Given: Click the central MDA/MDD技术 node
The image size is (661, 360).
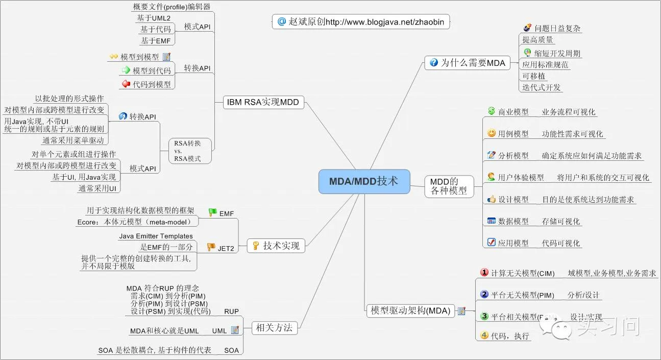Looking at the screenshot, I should tap(364, 181).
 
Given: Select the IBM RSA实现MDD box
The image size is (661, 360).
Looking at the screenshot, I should tap(263, 103).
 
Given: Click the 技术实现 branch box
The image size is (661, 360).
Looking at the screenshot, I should tap(276, 246).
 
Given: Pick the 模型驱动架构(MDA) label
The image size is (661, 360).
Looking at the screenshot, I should tap(410, 310).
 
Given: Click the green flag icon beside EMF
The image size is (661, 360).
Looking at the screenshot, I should tap(212, 212).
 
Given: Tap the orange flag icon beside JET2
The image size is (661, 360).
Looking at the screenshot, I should tap(211, 247).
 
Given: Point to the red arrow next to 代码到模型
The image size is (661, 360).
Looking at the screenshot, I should tap(126, 84).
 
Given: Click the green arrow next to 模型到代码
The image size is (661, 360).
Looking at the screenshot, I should tap(126, 70).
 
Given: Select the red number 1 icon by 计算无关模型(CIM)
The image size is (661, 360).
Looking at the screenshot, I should tap(484, 272).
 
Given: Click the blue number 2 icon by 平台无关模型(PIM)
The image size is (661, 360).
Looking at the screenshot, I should tap(484, 294).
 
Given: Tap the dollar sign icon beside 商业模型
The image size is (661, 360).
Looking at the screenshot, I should tap(491, 111).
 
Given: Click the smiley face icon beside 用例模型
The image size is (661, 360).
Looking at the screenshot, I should tap(491, 133).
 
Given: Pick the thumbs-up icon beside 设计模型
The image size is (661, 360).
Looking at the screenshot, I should tap(491, 199).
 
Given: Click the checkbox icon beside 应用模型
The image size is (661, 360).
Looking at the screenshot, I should tap(491, 243).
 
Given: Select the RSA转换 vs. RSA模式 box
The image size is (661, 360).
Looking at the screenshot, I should tap(187, 151).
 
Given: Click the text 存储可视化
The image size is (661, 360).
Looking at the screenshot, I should tap(561, 222).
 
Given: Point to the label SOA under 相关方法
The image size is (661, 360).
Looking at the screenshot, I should tap(231, 350).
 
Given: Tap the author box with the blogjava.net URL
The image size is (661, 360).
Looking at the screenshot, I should tap(361, 22).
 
